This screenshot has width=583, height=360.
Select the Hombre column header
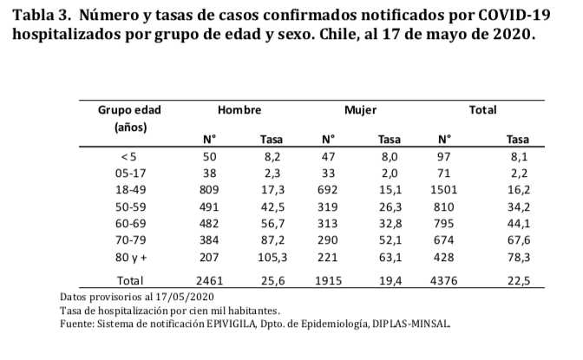pos(239,111)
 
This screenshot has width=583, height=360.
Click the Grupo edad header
pos(129,111)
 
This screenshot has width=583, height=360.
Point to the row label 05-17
pos(129,173)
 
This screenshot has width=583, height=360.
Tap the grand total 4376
pos(444,280)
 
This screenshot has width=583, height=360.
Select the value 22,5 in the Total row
pos(518,280)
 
